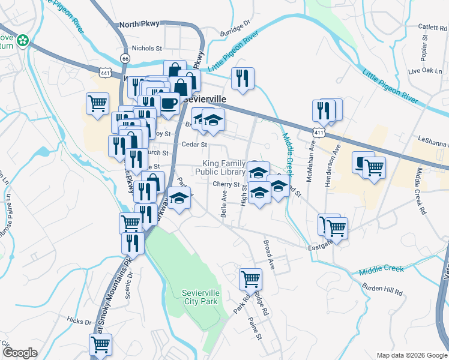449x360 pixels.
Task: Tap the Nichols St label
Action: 147,48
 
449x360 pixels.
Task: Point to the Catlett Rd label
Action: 433,27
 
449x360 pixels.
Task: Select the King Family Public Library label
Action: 224,167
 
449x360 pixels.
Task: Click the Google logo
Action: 20,353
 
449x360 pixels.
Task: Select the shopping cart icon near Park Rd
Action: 250,278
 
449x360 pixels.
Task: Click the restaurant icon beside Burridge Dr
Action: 243,78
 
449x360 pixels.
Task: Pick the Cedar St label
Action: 194,145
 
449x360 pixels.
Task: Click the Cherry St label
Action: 226,185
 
